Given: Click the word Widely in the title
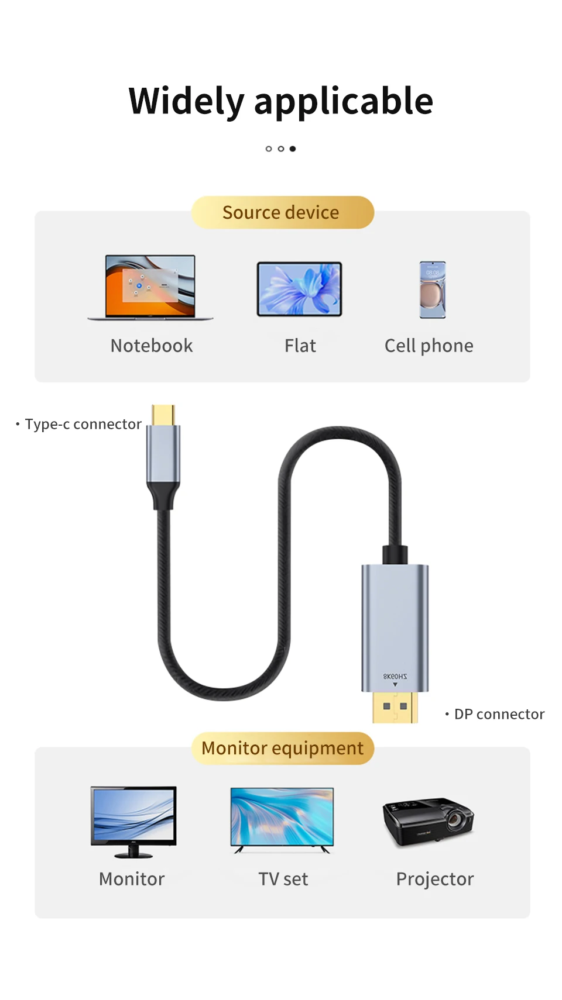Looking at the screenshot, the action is click(186, 101).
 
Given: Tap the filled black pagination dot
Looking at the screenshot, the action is click(293, 149).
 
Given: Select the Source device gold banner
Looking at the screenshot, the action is click(282, 212).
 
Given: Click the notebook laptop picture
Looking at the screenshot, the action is click(150, 287).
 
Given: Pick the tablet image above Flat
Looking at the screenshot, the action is click(299, 289).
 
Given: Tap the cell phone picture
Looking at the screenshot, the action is click(433, 289).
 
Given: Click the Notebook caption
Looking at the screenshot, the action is click(152, 346).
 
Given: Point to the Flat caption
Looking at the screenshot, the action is click(300, 346).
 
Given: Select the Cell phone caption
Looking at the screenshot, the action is click(429, 346).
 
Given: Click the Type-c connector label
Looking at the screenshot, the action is click(83, 424).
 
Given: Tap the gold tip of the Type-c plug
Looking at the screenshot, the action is click(163, 415).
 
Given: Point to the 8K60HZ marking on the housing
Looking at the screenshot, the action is click(395, 676).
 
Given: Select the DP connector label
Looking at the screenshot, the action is click(499, 714).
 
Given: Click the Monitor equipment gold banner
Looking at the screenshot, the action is click(282, 748).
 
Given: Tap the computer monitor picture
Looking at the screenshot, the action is click(133, 820).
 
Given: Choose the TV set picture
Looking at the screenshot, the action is click(282, 819).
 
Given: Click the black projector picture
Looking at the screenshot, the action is click(428, 821).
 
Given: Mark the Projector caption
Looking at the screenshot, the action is click(434, 879).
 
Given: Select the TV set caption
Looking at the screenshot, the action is click(283, 879).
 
